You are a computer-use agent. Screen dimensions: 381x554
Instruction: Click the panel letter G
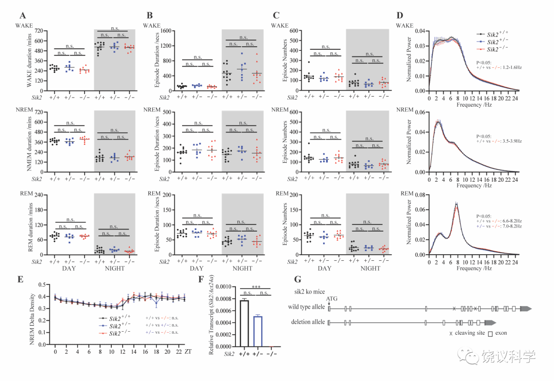(x=297, y=280)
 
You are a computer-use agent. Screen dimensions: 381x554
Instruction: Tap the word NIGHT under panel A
(x=114, y=268)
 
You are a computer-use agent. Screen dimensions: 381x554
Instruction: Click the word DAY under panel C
(x=324, y=268)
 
